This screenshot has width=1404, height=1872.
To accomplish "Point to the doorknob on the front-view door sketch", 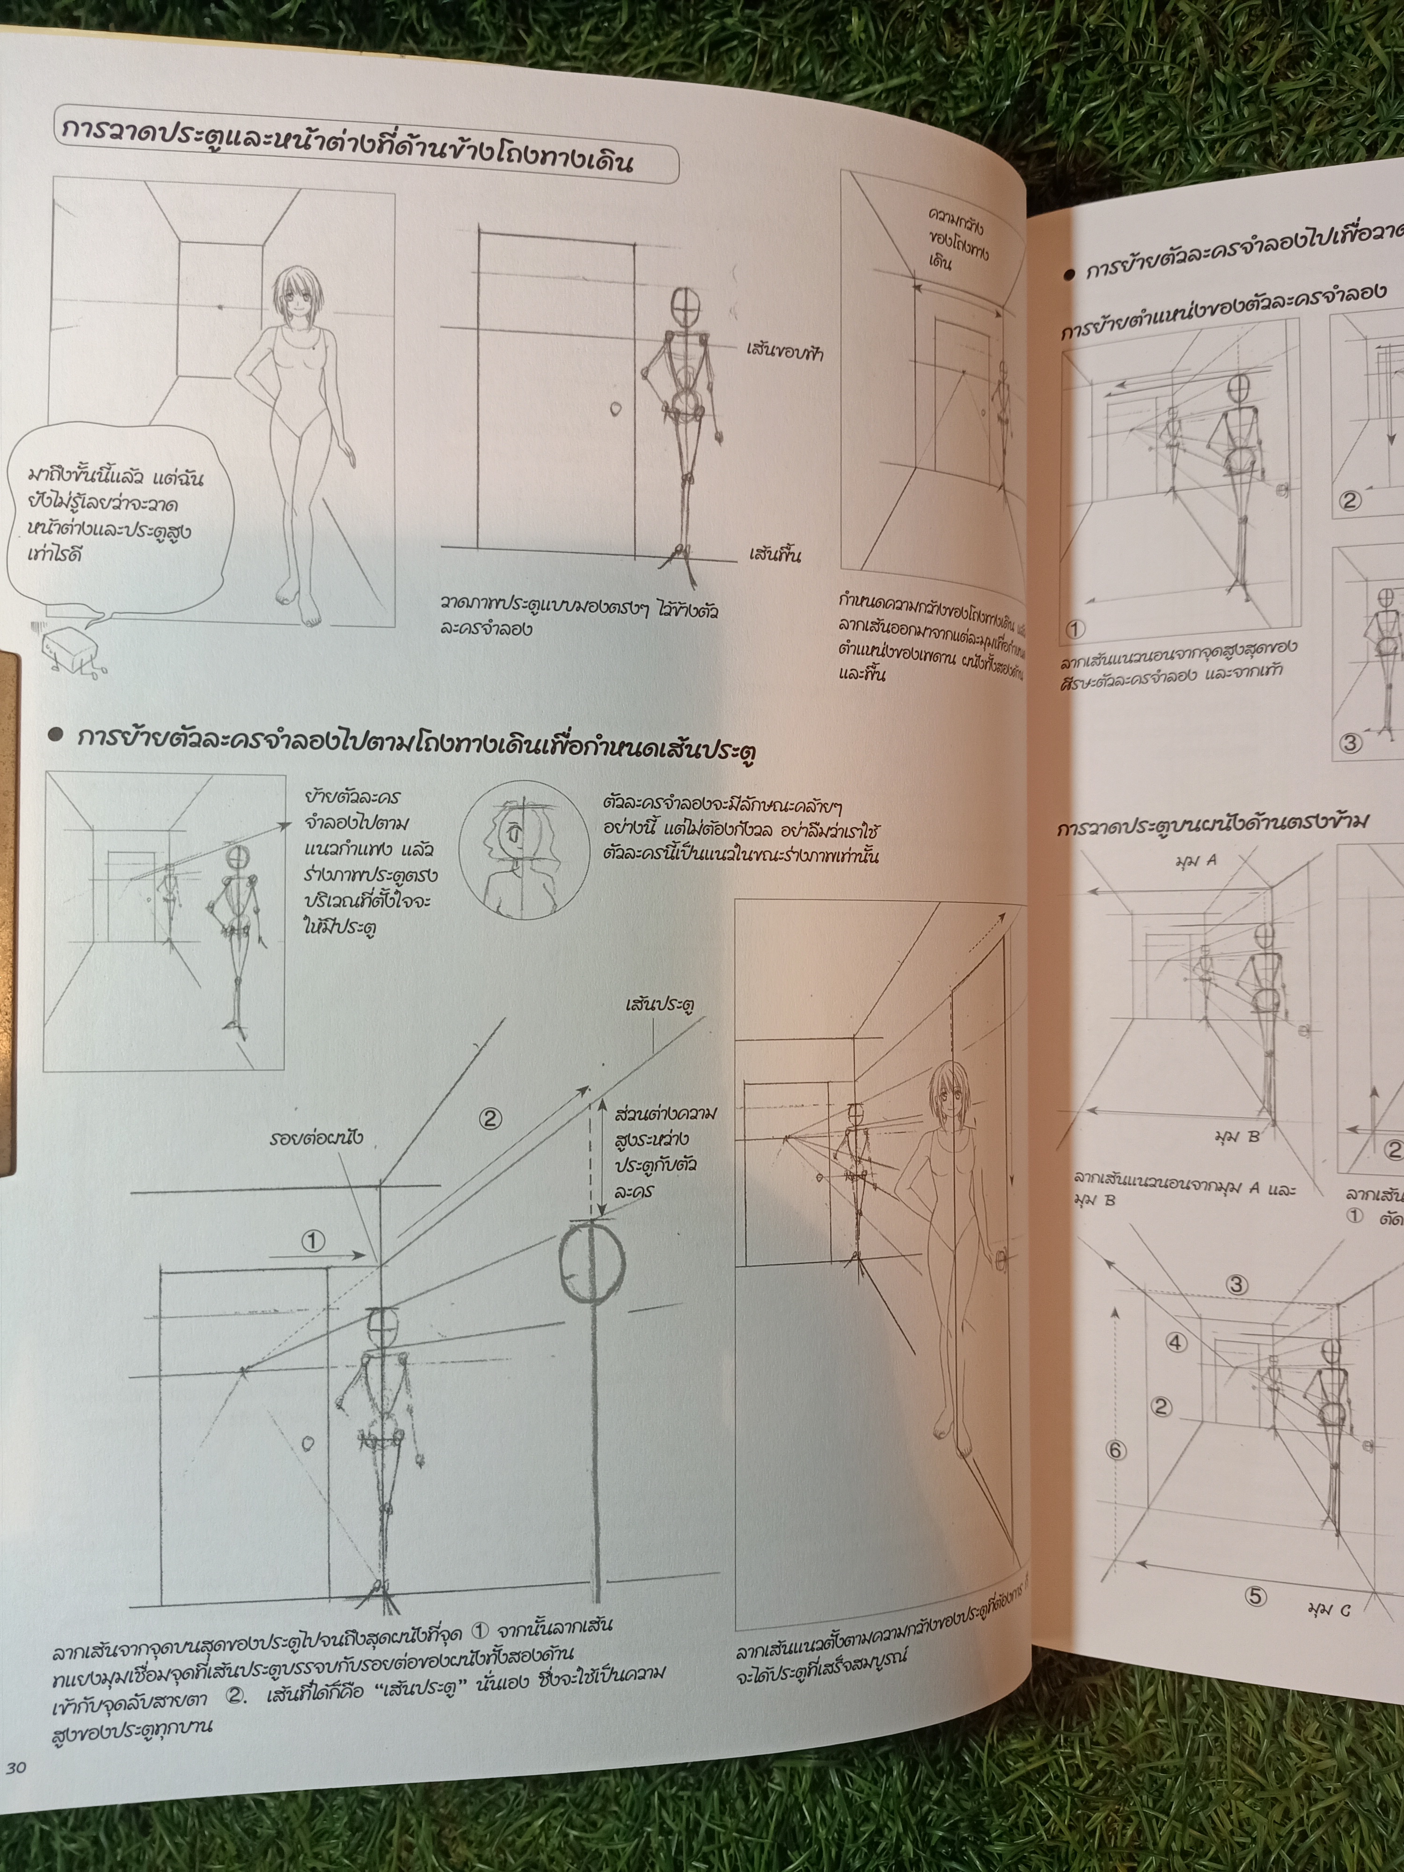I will pos(615,409).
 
